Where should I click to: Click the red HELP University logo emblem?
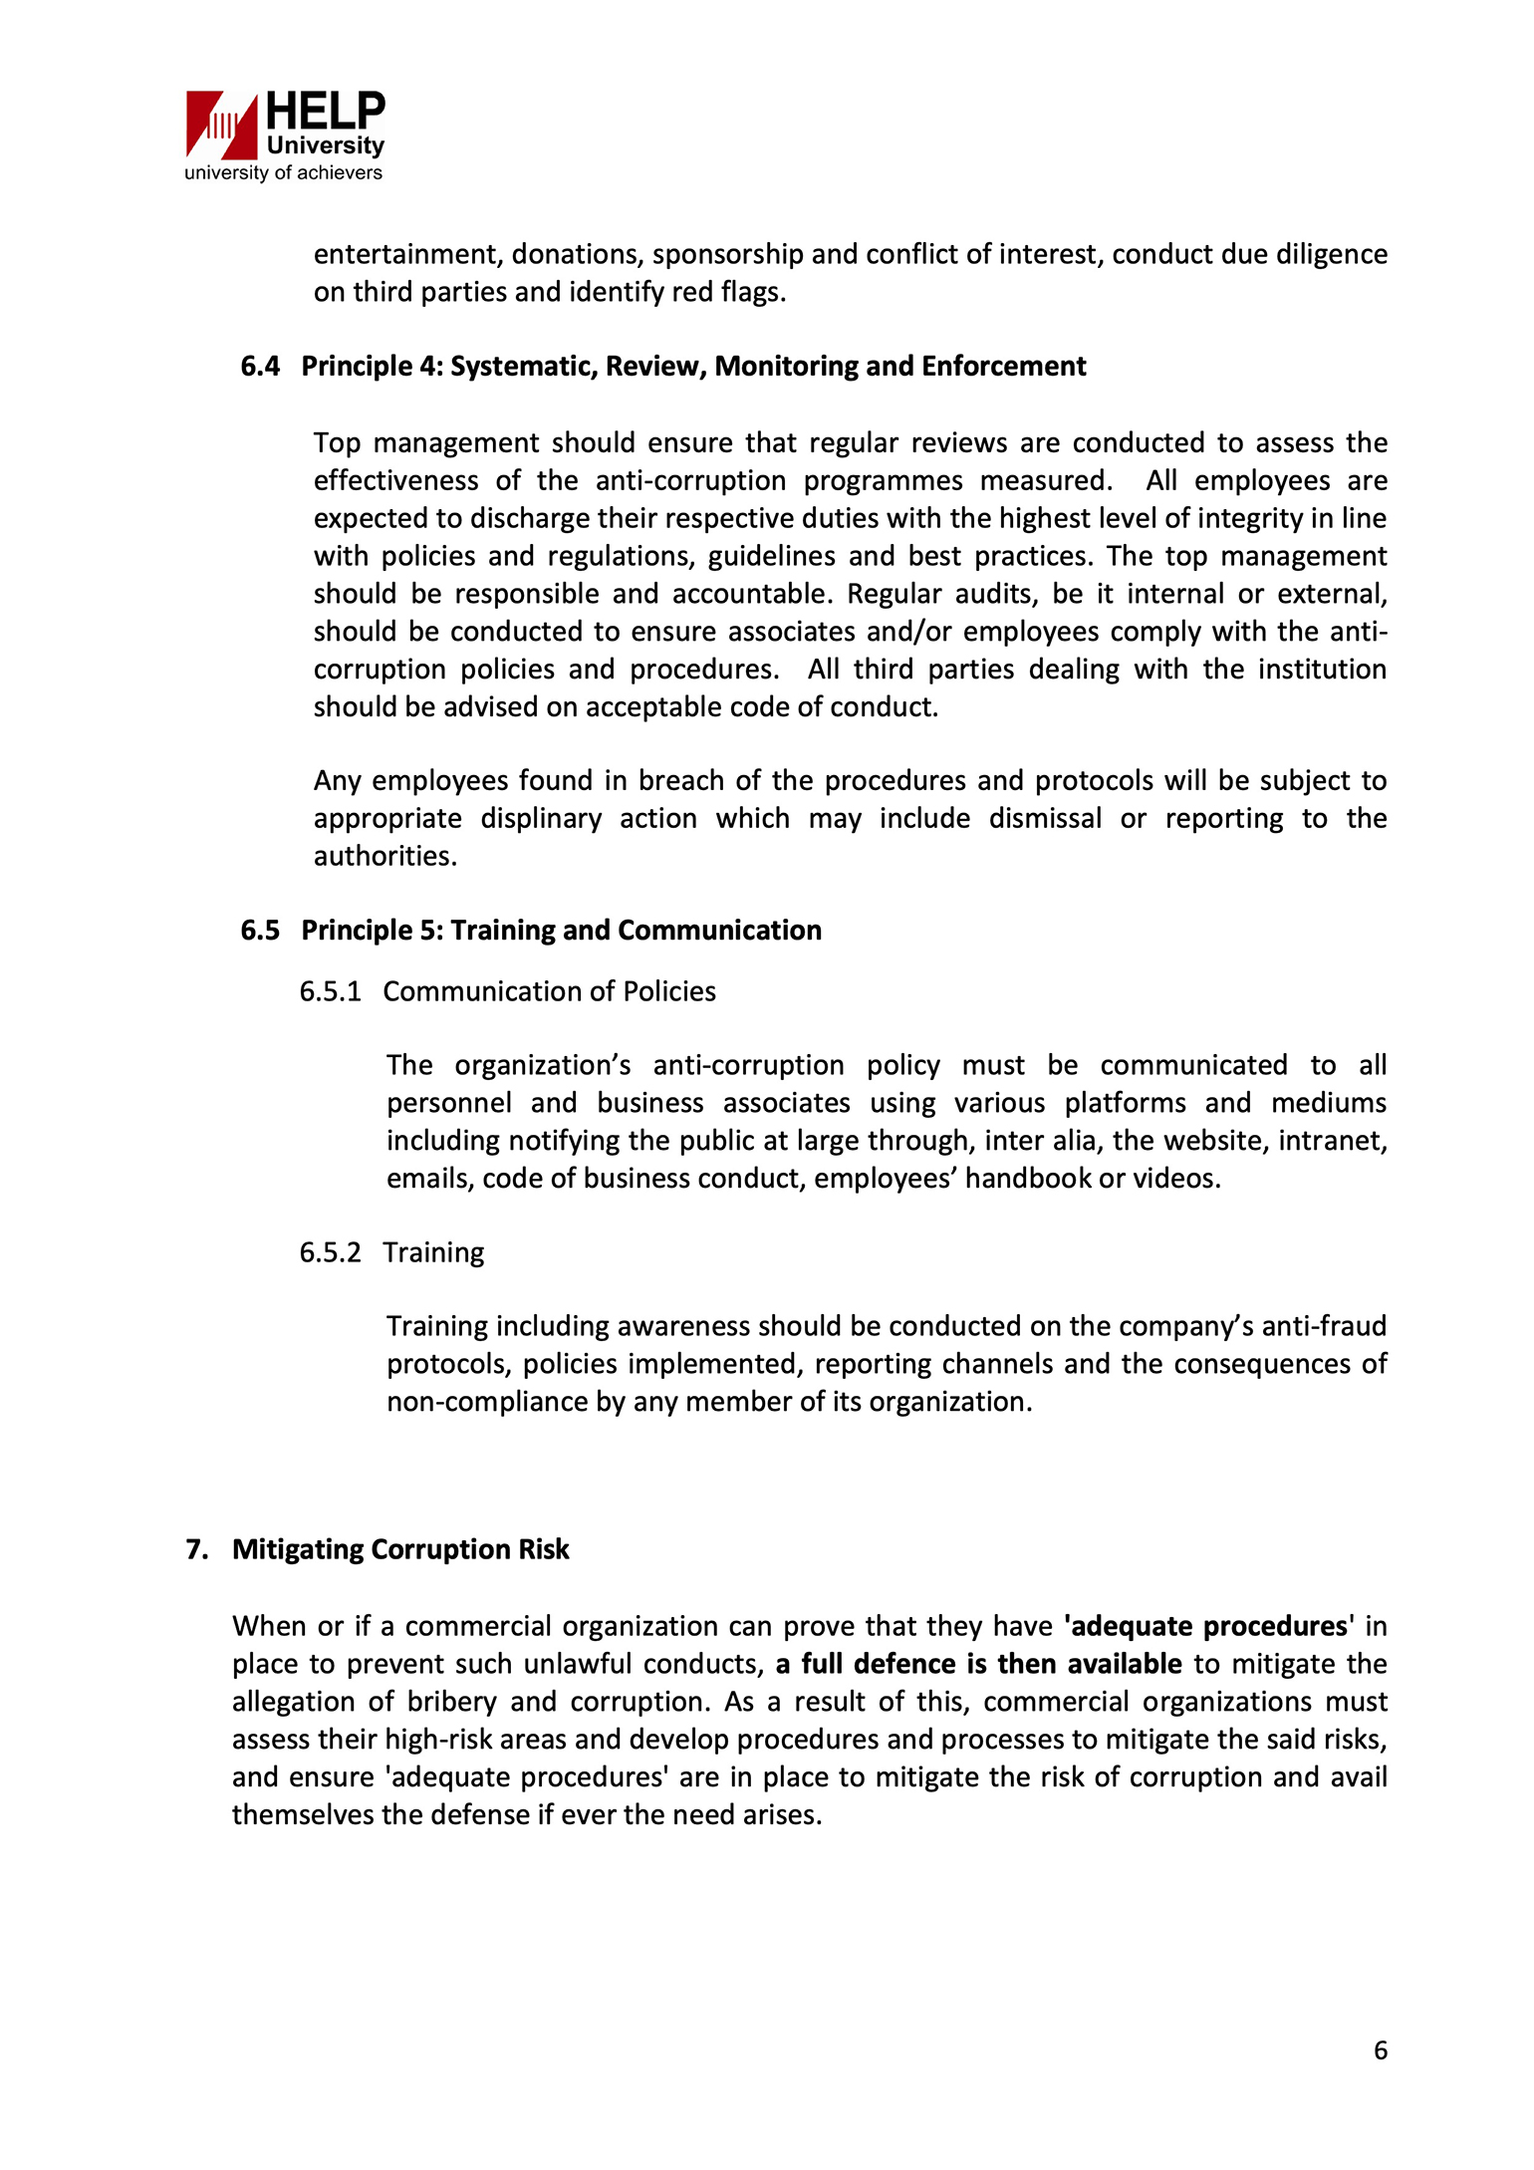point(221,125)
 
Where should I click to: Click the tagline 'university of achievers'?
point(283,173)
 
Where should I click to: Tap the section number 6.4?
point(260,367)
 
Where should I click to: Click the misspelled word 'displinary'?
point(541,819)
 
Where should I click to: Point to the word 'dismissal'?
point(1045,819)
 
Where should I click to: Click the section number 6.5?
point(260,931)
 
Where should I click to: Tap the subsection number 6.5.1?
point(330,992)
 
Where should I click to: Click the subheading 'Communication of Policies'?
point(549,992)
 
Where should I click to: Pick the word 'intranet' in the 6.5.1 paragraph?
point(1331,1141)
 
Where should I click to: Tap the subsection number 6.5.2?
point(330,1253)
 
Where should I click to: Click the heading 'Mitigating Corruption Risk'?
point(400,1550)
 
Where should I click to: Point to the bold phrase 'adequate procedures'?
point(1209,1627)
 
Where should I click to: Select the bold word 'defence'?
point(905,1665)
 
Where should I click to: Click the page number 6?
point(1380,2050)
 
